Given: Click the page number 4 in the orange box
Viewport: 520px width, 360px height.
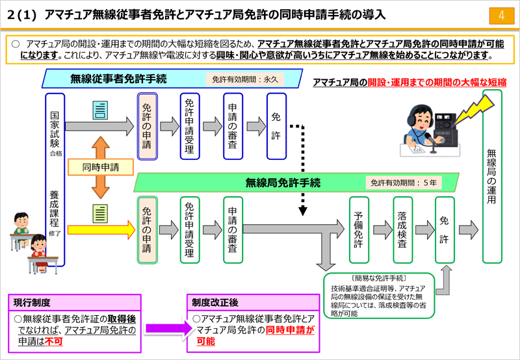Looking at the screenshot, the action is click(501, 16).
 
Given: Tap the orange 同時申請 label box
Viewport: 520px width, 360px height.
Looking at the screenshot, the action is click(101, 167).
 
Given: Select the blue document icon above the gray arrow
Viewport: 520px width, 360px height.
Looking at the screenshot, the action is click(100, 110).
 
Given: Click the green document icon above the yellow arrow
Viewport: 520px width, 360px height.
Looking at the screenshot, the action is click(100, 214).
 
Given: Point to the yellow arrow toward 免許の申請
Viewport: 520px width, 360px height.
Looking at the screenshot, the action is click(101, 230).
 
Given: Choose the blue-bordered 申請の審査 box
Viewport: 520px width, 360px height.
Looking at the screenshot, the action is click(233, 126).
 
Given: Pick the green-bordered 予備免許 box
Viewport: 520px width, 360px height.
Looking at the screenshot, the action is click(359, 230).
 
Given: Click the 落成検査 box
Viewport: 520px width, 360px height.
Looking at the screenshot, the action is click(402, 230).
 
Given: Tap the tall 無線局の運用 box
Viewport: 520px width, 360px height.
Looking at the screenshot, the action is click(492, 176).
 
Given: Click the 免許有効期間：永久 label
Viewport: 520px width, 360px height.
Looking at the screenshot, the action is click(245, 79).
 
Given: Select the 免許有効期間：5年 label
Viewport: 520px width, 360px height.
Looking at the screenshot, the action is click(404, 183).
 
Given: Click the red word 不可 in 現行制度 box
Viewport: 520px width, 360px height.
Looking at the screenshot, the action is click(53, 341).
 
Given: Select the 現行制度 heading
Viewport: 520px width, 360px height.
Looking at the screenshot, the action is click(32, 303).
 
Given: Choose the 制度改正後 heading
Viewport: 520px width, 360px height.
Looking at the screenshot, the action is click(215, 303).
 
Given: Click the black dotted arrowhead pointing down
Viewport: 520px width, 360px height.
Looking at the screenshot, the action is click(303, 211).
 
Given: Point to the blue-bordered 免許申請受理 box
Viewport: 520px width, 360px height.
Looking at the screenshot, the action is click(190, 126).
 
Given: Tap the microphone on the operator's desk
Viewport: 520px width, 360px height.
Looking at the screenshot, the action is click(430, 142).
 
